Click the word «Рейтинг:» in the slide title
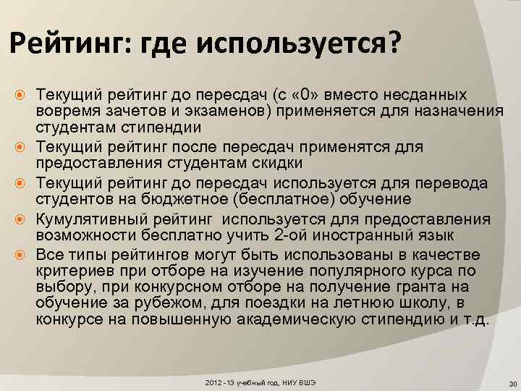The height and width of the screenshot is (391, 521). (x=62, y=45)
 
